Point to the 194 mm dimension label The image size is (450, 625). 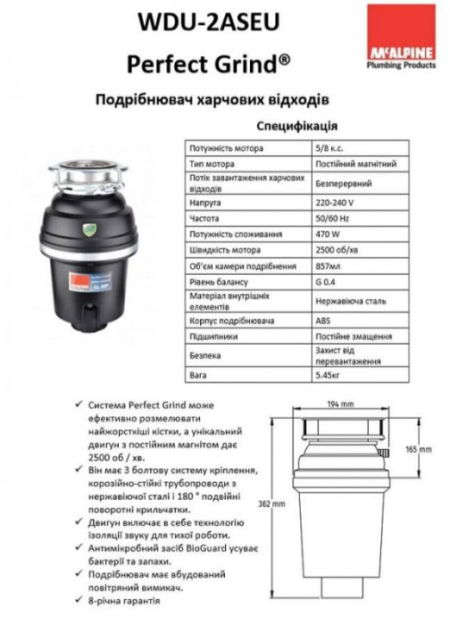335,405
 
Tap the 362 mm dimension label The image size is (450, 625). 274,503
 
